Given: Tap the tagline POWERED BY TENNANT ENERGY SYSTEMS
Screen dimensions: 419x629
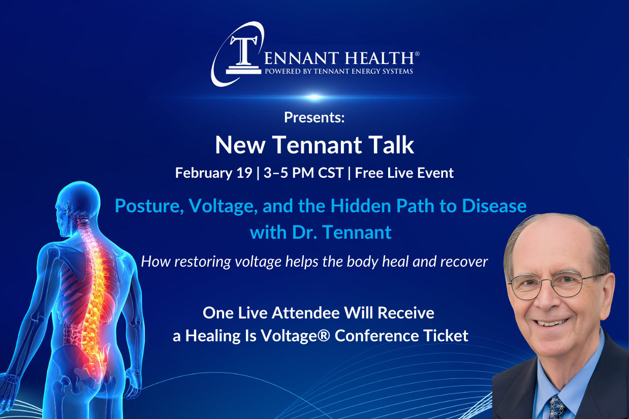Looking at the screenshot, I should click(338, 71).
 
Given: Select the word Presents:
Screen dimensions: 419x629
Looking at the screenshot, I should click(314, 118).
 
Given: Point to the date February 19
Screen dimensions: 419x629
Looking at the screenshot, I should click(213, 173).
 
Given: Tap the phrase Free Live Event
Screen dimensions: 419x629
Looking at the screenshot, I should click(404, 173).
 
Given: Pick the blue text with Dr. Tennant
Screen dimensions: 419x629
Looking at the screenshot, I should click(321, 232).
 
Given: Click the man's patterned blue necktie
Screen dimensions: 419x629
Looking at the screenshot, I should click(556, 407).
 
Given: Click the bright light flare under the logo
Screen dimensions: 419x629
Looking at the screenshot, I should click(314, 97).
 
